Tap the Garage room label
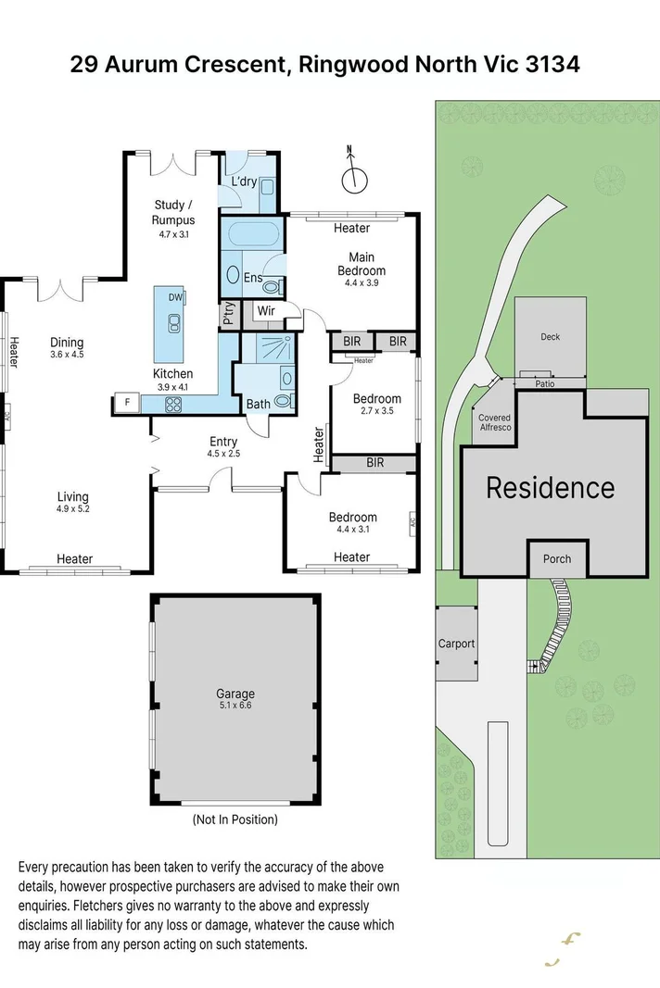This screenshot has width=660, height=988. coord(235,694)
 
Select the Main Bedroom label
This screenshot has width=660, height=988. coord(361,264)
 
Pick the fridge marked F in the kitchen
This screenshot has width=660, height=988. coord(125,403)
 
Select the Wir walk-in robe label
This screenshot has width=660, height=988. coord(266,311)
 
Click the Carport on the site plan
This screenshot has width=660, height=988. coord(456,644)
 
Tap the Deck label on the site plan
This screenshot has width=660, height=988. coord(551,337)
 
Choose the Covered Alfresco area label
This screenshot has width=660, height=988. coord(494,423)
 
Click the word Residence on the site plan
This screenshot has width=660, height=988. coord(550,487)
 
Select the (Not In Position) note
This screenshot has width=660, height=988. coord(235,819)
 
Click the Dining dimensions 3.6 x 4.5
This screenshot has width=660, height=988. coord(67,354)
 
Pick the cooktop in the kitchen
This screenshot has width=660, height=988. coord(173,404)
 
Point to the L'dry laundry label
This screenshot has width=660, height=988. coord(243,181)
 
